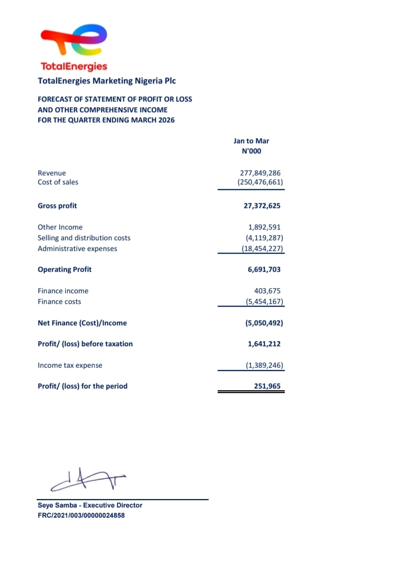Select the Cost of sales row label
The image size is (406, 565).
(58, 182)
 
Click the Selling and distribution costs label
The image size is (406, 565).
(84, 238)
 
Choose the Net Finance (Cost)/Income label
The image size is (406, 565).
(82, 323)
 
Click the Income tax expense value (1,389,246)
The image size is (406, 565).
(262, 365)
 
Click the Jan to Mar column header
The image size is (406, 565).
(251, 140)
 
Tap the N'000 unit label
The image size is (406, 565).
(251, 151)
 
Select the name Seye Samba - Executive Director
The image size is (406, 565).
(90, 505)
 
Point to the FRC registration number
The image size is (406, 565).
(81, 515)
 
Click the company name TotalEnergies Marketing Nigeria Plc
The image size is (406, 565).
(107, 81)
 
